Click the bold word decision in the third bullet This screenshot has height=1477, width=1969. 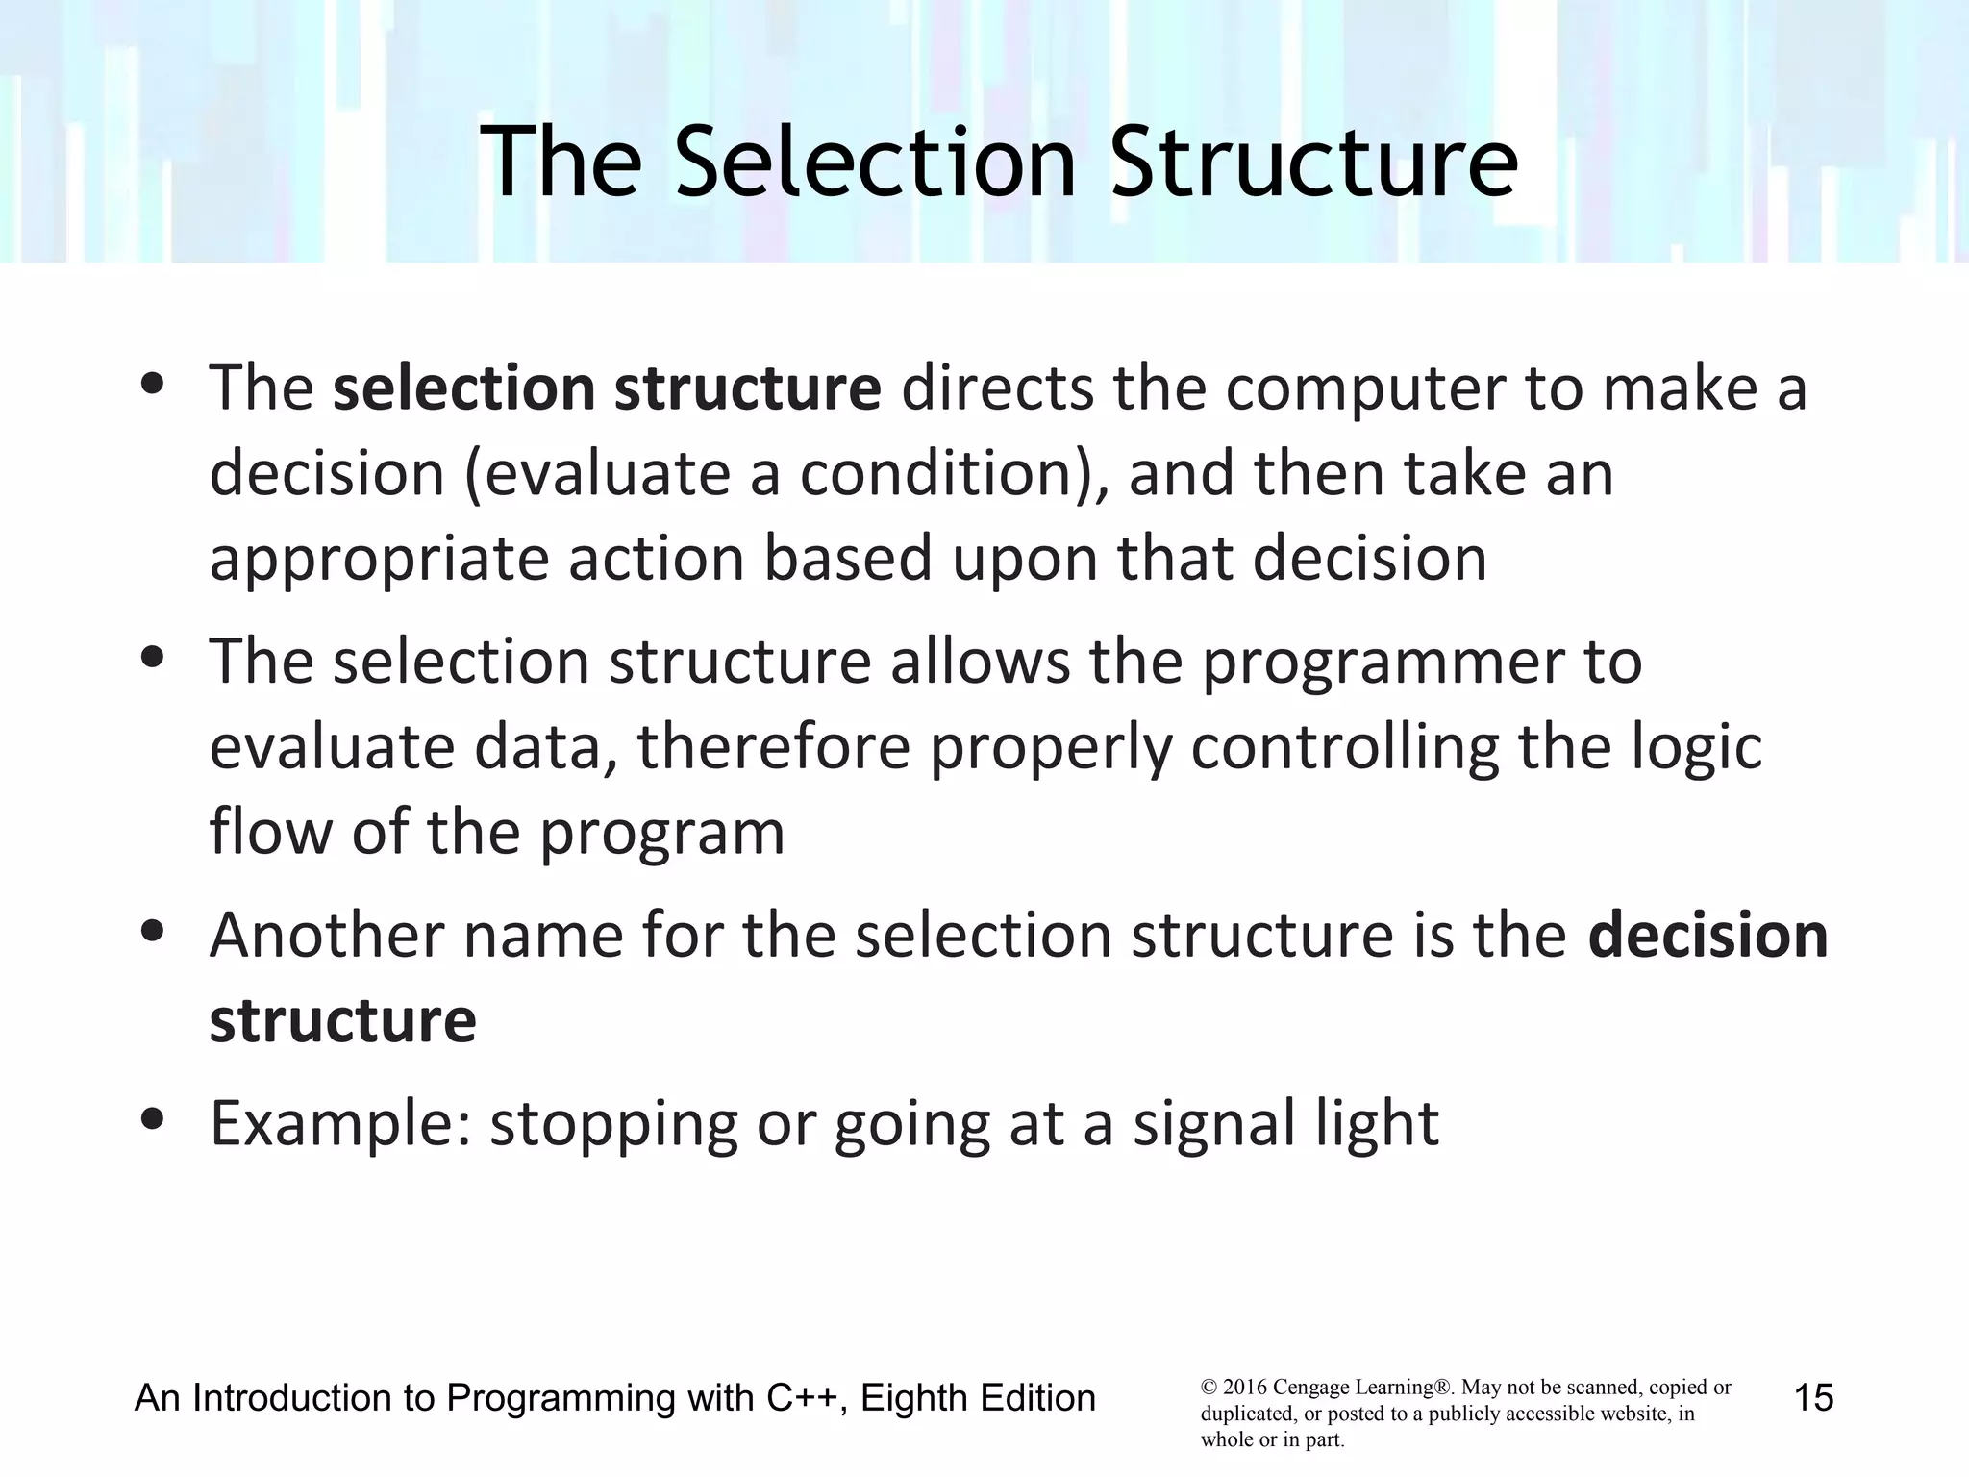[1707, 935]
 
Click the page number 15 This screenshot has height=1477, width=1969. [1813, 1397]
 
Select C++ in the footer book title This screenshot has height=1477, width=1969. [806, 1397]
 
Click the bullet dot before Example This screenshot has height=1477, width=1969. [153, 1118]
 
